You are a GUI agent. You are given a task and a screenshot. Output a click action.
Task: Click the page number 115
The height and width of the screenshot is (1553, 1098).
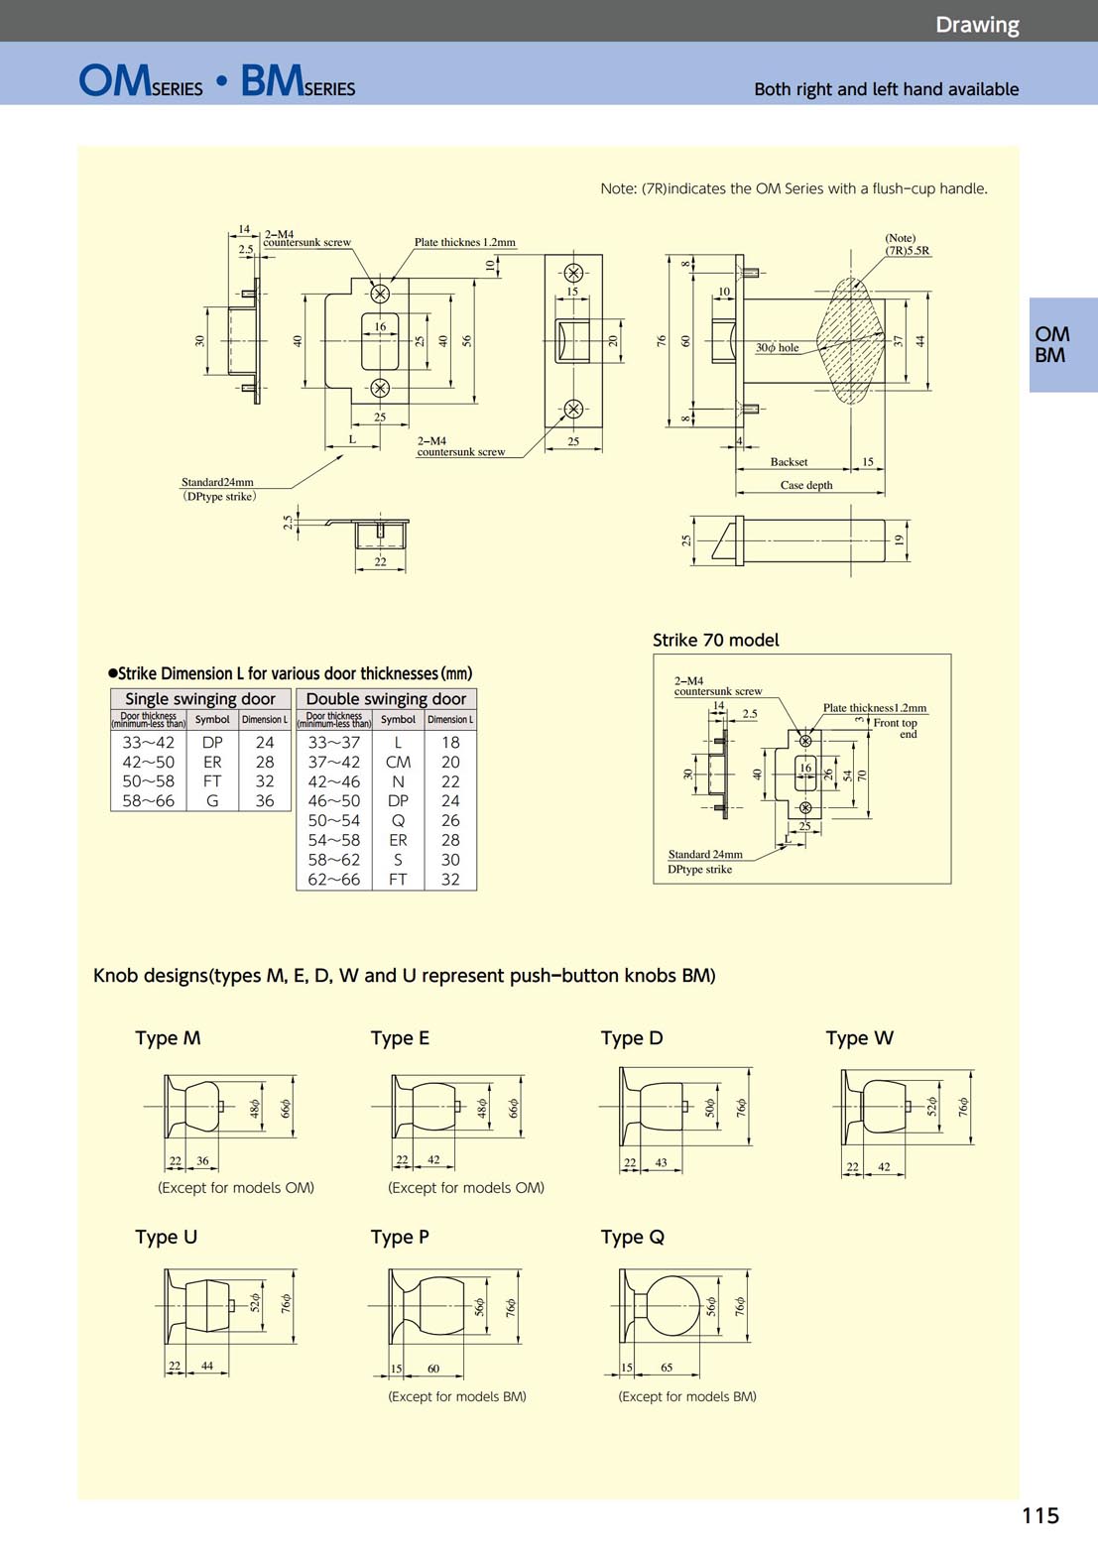[x=1039, y=1514]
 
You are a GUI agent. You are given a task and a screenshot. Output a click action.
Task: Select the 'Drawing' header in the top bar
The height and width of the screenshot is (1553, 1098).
[x=976, y=25]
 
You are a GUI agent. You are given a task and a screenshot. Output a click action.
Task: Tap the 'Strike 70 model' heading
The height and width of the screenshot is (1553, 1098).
[x=715, y=640]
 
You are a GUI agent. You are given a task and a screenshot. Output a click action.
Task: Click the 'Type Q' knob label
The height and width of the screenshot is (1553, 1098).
[x=632, y=1237]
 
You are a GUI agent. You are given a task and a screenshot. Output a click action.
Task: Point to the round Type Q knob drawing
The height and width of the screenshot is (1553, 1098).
[x=672, y=1306]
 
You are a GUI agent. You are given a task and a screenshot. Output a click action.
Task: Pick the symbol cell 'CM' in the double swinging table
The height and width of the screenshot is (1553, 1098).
[x=398, y=762]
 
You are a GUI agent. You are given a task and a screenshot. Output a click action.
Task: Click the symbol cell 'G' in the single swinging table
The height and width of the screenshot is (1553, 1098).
[x=212, y=800]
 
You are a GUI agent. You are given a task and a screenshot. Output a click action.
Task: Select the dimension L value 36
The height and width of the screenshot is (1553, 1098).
[x=265, y=800]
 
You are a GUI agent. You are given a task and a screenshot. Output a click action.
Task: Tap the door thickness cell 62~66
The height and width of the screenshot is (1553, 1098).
[x=333, y=879]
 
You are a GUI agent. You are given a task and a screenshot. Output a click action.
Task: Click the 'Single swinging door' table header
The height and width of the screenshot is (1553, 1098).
[x=200, y=698]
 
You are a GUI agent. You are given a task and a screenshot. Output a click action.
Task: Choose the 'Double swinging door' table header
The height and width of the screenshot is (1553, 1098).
[x=386, y=698]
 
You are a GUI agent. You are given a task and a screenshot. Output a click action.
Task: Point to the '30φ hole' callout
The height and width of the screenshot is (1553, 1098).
[x=777, y=348]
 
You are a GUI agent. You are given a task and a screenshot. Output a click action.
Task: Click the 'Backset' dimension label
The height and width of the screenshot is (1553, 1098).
[x=789, y=461]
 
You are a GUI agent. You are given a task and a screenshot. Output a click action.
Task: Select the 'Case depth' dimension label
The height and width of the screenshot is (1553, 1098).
[x=805, y=485]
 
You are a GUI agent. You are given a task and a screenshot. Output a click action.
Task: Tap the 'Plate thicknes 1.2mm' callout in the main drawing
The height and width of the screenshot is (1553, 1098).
[x=464, y=242]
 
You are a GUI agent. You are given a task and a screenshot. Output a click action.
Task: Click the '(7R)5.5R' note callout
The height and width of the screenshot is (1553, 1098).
[x=907, y=250]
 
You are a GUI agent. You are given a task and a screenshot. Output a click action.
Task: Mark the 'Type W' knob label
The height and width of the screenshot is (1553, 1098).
[x=859, y=1038]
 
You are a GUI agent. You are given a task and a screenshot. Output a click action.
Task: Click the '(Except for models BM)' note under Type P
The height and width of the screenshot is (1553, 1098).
[x=457, y=1396]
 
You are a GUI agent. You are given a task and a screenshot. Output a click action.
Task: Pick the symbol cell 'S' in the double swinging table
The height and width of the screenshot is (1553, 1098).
[x=398, y=859]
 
